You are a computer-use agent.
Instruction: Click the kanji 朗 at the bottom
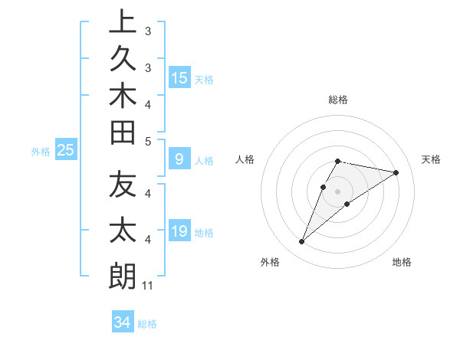click(123, 276)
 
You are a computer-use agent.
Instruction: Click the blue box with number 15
click(179, 78)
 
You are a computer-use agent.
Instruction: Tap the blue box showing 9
click(179, 160)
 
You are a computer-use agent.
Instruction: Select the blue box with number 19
click(179, 231)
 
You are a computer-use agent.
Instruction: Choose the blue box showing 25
click(66, 150)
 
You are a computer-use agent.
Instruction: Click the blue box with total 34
click(122, 322)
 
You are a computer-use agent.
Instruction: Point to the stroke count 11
click(148, 286)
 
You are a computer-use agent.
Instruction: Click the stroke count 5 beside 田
click(148, 141)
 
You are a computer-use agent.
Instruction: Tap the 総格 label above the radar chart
click(338, 100)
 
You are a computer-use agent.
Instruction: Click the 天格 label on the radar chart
click(431, 159)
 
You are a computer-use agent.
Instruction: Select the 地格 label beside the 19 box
click(204, 233)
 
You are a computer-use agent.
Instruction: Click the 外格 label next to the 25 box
click(41, 152)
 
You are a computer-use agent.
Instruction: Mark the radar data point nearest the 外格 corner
click(302, 242)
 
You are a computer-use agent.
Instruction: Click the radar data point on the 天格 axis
click(396, 172)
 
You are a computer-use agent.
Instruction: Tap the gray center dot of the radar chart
click(338, 191)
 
